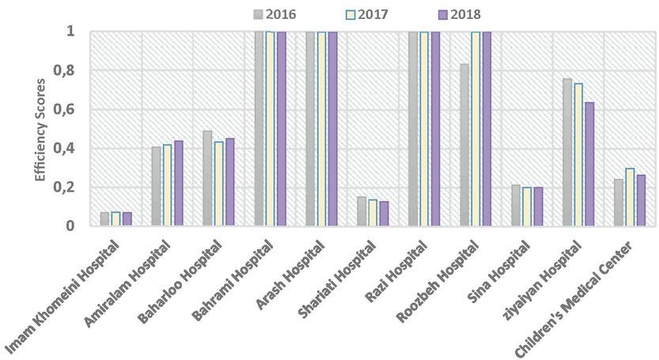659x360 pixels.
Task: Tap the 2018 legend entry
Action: click(x=460, y=13)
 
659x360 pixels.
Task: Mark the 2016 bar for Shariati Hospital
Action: click(x=362, y=211)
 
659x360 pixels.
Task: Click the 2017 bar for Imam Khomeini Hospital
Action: click(x=116, y=219)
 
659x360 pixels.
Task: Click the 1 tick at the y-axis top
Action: click(x=70, y=32)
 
